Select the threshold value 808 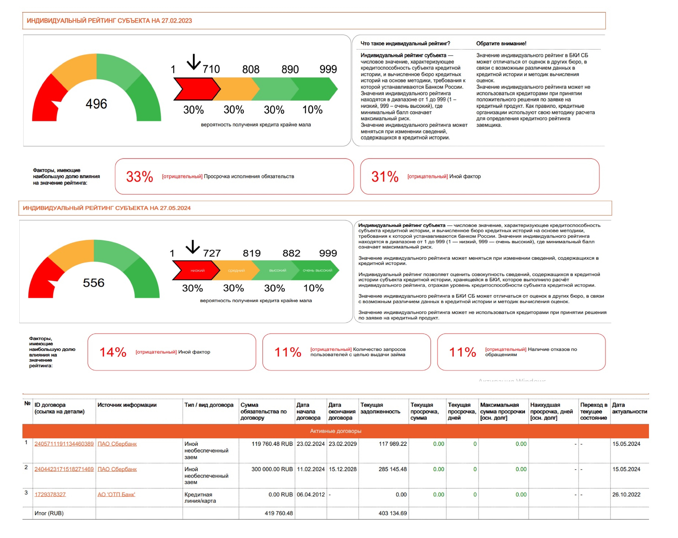tap(251, 69)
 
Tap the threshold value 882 tap(291, 253)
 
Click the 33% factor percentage tap(139, 177)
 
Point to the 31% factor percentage tap(385, 177)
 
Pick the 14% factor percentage tap(113, 352)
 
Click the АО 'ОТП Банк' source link tap(116, 495)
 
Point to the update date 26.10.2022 tap(626, 495)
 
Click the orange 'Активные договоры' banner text tap(336, 431)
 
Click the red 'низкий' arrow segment tap(197, 270)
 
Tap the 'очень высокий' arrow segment tap(317, 270)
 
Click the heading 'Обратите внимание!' tap(501, 43)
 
